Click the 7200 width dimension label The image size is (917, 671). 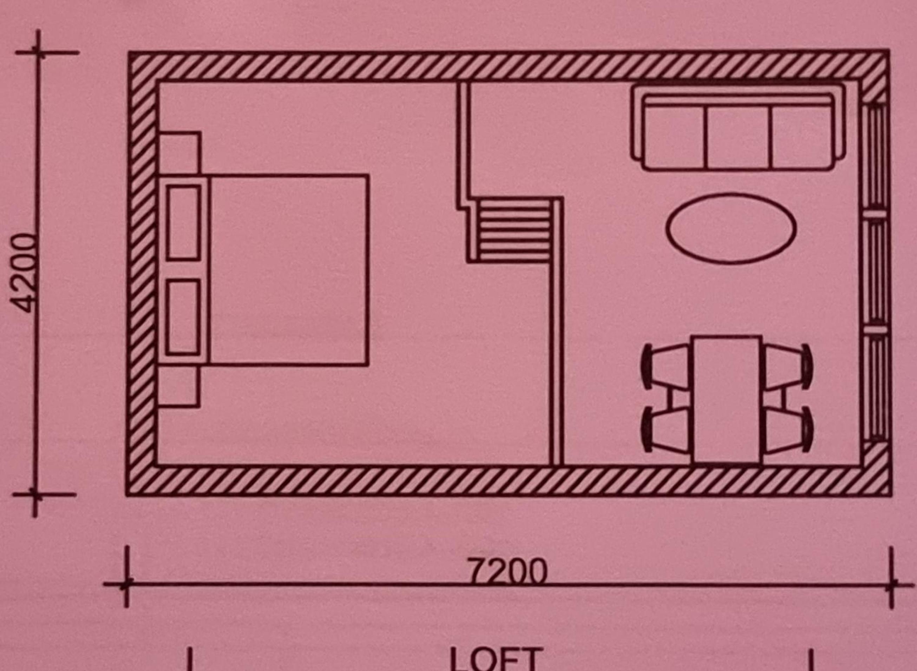pyautogui.click(x=507, y=571)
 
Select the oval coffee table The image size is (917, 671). pyautogui.click(x=730, y=228)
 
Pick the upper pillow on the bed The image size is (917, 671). pyautogui.click(x=183, y=222)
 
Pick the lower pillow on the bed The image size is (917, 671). pyautogui.click(x=183, y=317)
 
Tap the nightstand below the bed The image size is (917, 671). pyautogui.click(x=179, y=386)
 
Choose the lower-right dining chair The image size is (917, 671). pyautogui.click(x=787, y=430)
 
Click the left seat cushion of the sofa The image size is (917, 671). pyautogui.click(x=674, y=137)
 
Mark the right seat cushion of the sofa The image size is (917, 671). pyautogui.click(x=800, y=137)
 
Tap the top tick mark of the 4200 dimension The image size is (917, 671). pyautogui.click(x=38, y=52)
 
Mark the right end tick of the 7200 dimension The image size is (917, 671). pyautogui.click(x=891, y=585)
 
